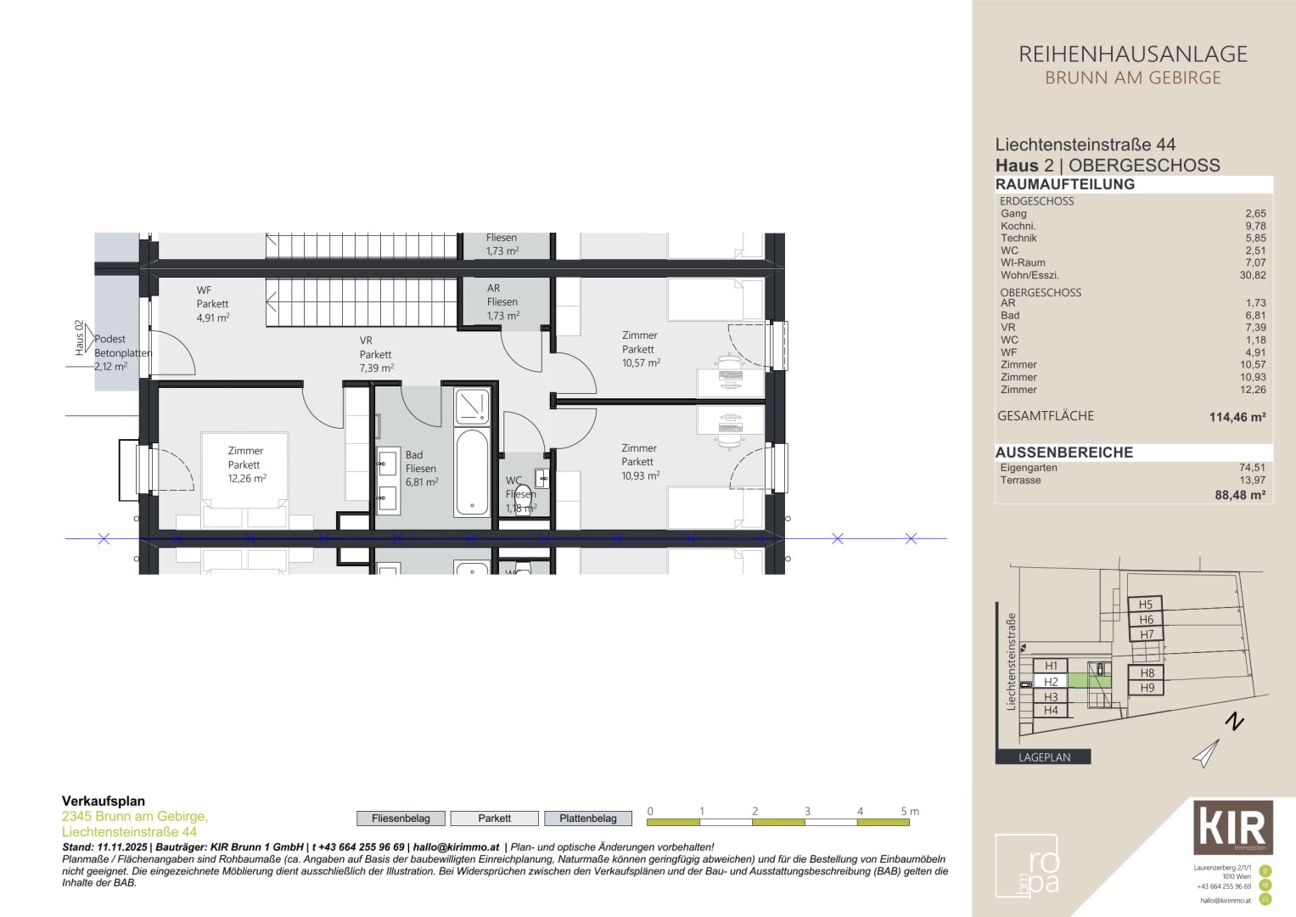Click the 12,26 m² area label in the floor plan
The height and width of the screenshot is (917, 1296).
point(246,479)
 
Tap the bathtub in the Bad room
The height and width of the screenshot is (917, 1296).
point(472,472)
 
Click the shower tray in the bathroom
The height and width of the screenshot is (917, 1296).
point(472,406)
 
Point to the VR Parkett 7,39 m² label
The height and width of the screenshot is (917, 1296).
point(375,355)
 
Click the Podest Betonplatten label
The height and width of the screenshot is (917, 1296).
point(122,352)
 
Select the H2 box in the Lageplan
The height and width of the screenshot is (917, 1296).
point(1051,682)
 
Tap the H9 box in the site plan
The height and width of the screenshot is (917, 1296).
point(1147,688)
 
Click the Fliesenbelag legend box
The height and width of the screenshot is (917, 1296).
point(401,819)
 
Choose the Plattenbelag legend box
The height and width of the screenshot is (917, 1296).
point(587,819)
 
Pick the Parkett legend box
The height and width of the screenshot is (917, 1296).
point(494,819)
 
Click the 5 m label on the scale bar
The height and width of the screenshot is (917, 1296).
point(909,812)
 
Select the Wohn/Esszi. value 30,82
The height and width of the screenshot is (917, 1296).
point(1252,275)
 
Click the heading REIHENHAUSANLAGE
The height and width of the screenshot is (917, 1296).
point(1132,54)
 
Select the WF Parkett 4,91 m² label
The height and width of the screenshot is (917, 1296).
point(212,304)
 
